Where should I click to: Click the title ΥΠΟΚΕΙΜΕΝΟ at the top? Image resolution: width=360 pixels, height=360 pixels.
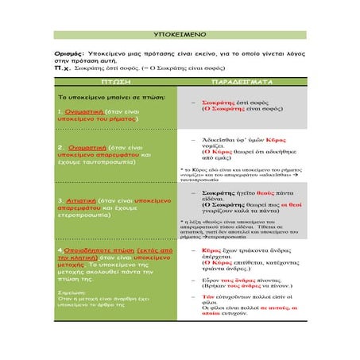click(x=180, y=37)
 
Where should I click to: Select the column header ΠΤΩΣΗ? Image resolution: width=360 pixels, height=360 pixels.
click(x=114, y=83)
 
